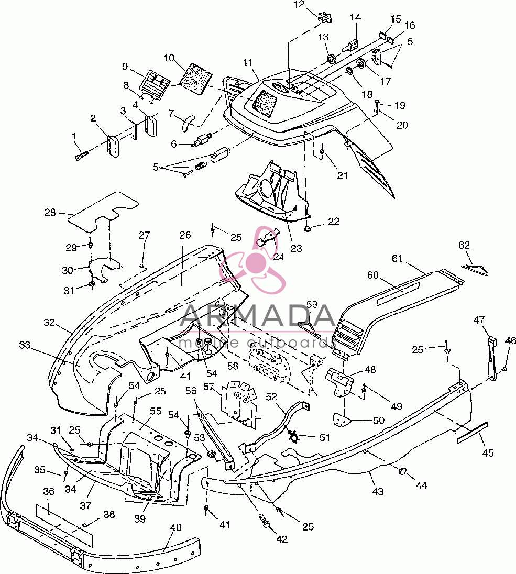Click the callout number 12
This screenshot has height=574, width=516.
(299, 4)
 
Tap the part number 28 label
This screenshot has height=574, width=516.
(50, 212)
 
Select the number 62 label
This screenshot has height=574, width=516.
(464, 245)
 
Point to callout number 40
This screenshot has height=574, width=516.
(176, 527)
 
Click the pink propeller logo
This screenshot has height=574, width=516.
(252, 259)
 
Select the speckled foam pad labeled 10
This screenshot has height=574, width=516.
(196, 79)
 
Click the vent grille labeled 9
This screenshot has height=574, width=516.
(154, 84)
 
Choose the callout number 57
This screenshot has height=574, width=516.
(208, 387)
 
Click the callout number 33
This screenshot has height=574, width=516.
(25, 345)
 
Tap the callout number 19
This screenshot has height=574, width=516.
(400, 105)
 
